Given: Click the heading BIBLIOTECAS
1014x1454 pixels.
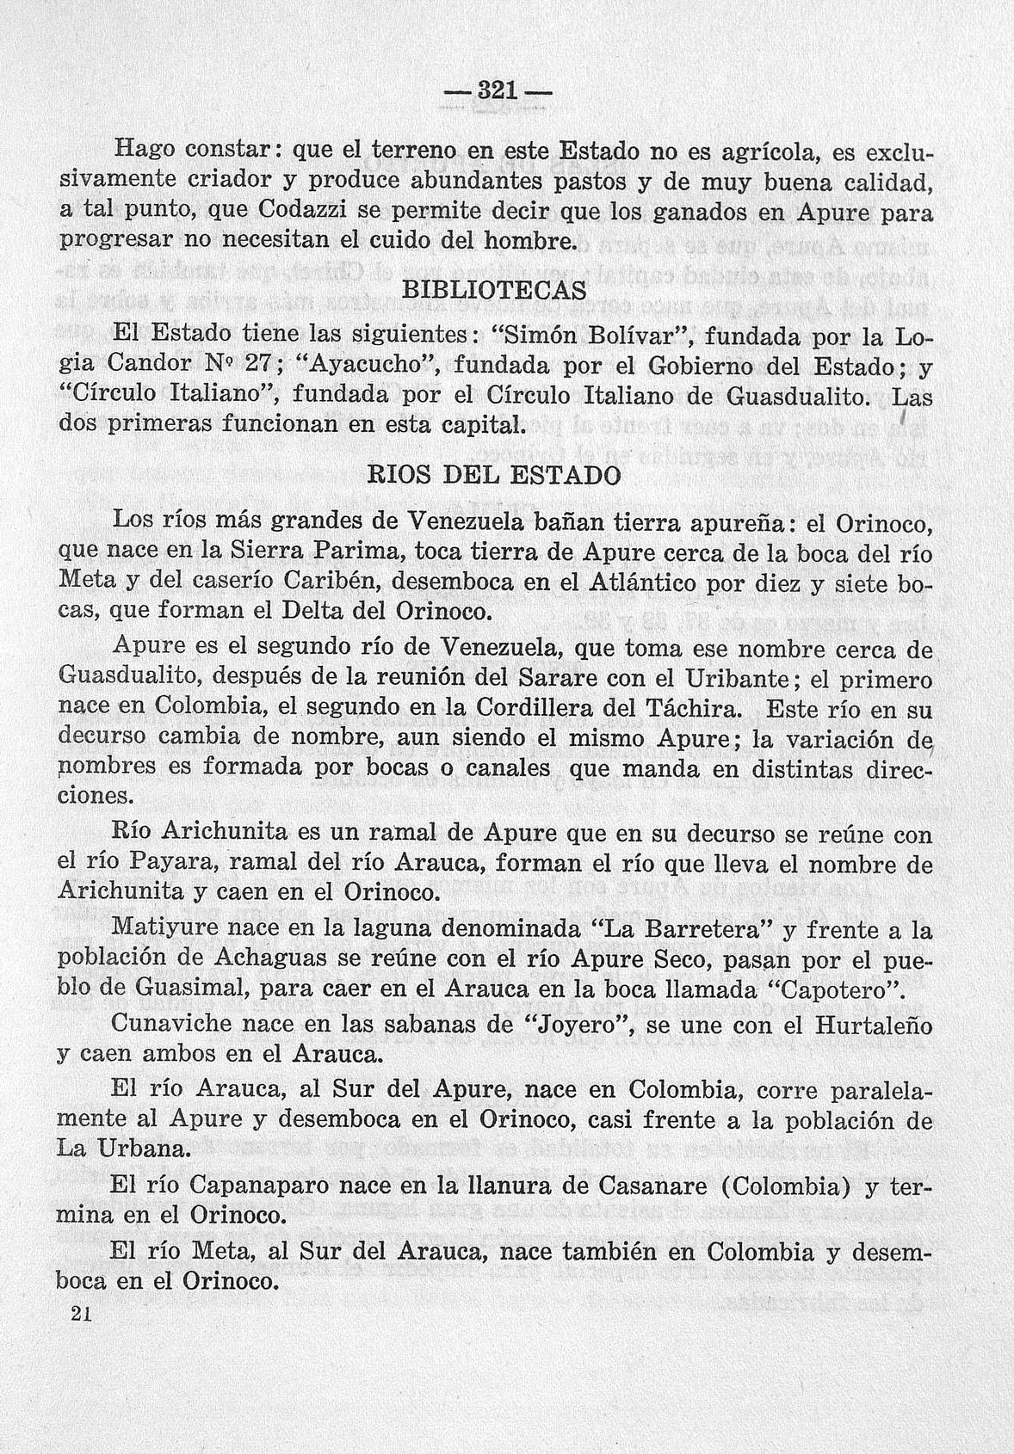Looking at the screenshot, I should (x=493, y=290).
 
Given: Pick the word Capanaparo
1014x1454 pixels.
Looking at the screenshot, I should (x=263, y=1186).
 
